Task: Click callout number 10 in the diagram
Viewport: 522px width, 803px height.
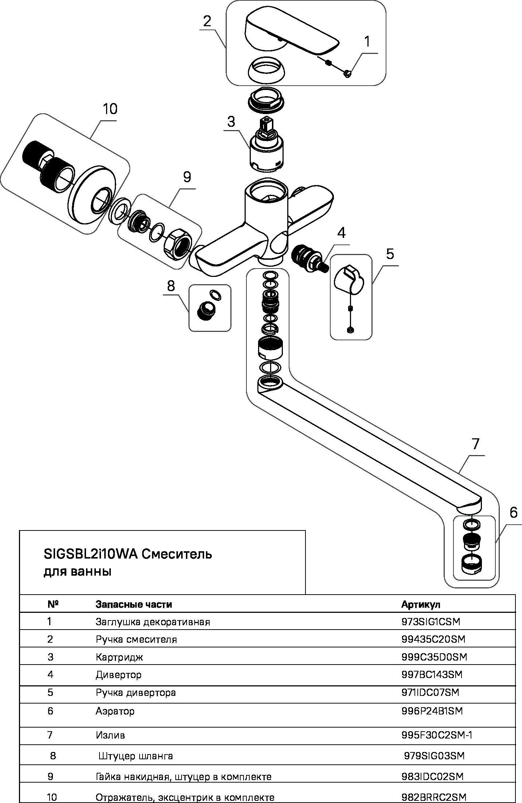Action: click(110, 109)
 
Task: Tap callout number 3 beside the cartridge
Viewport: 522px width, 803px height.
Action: click(231, 122)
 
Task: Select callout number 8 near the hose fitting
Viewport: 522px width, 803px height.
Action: click(171, 286)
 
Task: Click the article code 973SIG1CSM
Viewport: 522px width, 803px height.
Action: click(431, 622)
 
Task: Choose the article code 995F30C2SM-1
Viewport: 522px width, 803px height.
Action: click(437, 735)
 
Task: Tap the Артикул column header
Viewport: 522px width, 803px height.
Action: click(421, 604)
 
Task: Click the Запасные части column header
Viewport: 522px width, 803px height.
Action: click(133, 604)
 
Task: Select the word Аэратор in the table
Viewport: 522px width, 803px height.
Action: click(115, 711)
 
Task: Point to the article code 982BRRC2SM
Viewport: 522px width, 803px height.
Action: click(434, 797)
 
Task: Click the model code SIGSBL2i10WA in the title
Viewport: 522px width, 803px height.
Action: click(90, 554)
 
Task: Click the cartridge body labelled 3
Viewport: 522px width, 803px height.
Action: click(267, 153)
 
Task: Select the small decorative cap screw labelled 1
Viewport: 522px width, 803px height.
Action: click(347, 74)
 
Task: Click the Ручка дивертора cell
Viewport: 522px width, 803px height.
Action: click(136, 693)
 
